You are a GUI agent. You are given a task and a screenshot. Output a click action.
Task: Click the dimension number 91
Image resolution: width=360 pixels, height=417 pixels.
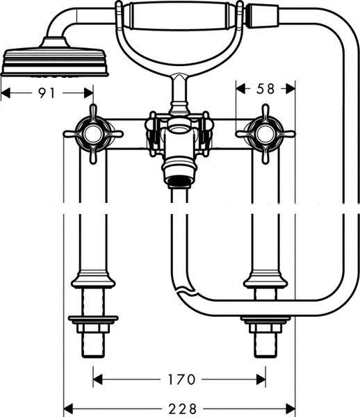pyautogui.click(x=47, y=93)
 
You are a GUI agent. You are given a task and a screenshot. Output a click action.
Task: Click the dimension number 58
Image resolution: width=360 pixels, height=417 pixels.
pyautogui.click(x=265, y=89)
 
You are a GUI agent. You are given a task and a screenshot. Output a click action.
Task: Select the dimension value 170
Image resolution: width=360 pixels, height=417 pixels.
pyautogui.click(x=182, y=379)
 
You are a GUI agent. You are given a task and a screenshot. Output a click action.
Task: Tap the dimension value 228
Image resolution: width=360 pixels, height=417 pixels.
pyautogui.click(x=183, y=409)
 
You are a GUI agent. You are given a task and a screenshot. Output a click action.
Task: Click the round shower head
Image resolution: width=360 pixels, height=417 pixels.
pyautogui.click(x=54, y=62)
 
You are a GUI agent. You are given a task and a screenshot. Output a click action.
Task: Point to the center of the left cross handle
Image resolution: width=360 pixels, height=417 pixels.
pyautogui.click(x=93, y=134)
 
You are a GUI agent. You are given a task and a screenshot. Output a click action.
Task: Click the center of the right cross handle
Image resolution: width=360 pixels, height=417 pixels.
pyautogui.click(x=265, y=134)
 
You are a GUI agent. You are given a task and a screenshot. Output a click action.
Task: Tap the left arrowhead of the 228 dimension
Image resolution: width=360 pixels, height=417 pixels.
pyautogui.click(x=68, y=408)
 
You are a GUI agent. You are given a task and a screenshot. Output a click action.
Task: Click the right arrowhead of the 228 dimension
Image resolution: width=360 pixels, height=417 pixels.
pyautogui.click(x=291, y=408)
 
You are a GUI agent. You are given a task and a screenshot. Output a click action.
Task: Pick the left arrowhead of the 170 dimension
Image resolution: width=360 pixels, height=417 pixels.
pyautogui.click(x=98, y=379)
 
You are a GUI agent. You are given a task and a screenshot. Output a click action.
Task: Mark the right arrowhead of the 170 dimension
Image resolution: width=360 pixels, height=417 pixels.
pyautogui.click(x=261, y=379)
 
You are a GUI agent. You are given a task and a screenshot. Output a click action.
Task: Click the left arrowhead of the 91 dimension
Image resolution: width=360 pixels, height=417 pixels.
pyautogui.click(x=6, y=93)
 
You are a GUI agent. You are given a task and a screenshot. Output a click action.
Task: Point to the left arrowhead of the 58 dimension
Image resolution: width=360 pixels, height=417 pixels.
pyautogui.click(x=241, y=89)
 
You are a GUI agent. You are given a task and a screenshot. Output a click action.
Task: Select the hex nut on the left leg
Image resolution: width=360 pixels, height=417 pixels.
pyautogui.click(x=93, y=328)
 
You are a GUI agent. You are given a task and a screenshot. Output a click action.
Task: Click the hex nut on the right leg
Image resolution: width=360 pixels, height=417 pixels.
pyautogui.click(x=265, y=328)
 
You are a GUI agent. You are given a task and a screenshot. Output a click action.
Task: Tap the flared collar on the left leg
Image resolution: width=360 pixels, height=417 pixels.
pyautogui.click(x=93, y=280)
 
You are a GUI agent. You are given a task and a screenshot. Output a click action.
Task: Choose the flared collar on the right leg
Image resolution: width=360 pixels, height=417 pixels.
pyautogui.click(x=265, y=280)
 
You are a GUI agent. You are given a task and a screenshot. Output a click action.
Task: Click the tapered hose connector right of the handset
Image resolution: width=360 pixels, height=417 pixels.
pyautogui.click(x=262, y=16)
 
